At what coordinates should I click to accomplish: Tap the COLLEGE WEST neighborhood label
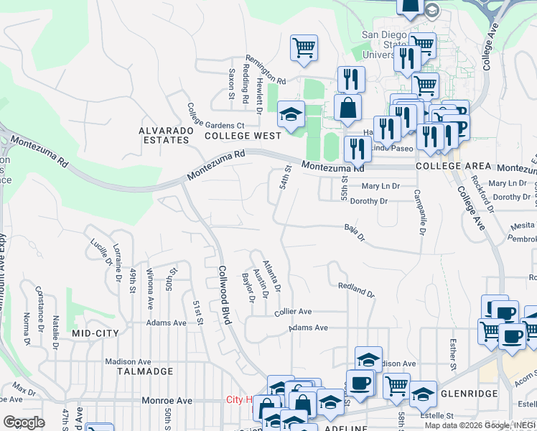pyautogui.click(x=243, y=135)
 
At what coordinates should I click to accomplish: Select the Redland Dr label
pyautogui.click(x=356, y=289)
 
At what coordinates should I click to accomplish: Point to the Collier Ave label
pyautogui.click(x=293, y=312)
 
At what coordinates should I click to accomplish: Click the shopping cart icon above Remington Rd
pyautogui.click(x=304, y=47)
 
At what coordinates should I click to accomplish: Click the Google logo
pyautogui.click(x=24, y=422)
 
